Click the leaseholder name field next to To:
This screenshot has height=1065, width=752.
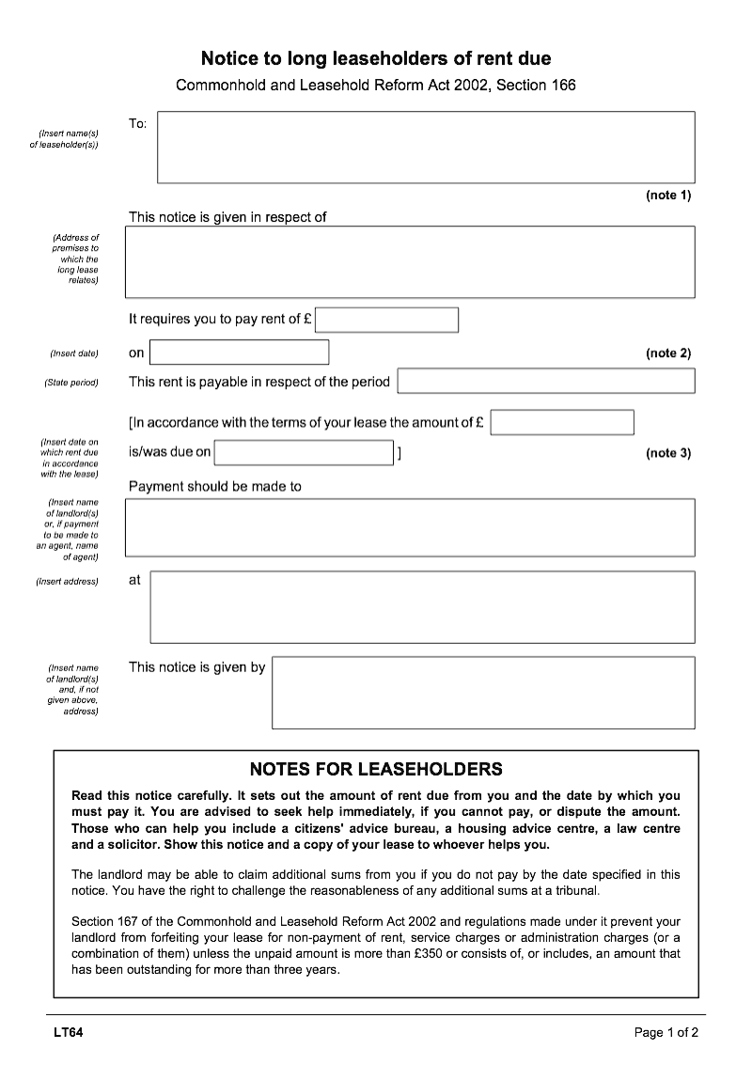tap(426, 147)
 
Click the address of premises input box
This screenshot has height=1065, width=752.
tap(410, 261)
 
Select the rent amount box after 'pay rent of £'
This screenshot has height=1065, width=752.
tap(386, 320)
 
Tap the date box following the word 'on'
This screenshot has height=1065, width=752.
tap(239, 352)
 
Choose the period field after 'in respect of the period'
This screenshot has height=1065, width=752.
tap(546, 381)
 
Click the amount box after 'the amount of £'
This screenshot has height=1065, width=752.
tap(562, 422)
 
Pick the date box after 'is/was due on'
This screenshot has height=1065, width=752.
tap(304, 452)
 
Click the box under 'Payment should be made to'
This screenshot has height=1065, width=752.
tap(410, 527)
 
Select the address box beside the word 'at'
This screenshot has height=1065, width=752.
tap(422, 606)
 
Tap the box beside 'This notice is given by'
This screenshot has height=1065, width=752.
tap(483, 693)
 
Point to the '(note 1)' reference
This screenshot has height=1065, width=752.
tap(667, 196)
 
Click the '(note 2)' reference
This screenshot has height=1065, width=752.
tap(667, 353)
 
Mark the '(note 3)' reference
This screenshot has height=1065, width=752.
tap(667, 453)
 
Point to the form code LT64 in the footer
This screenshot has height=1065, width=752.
tap(68, 1033)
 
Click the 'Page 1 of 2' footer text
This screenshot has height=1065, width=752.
tap(666, 1033)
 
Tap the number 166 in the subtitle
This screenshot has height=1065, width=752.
tap(562, 86)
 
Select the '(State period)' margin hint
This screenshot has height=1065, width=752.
tap(71, 383)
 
